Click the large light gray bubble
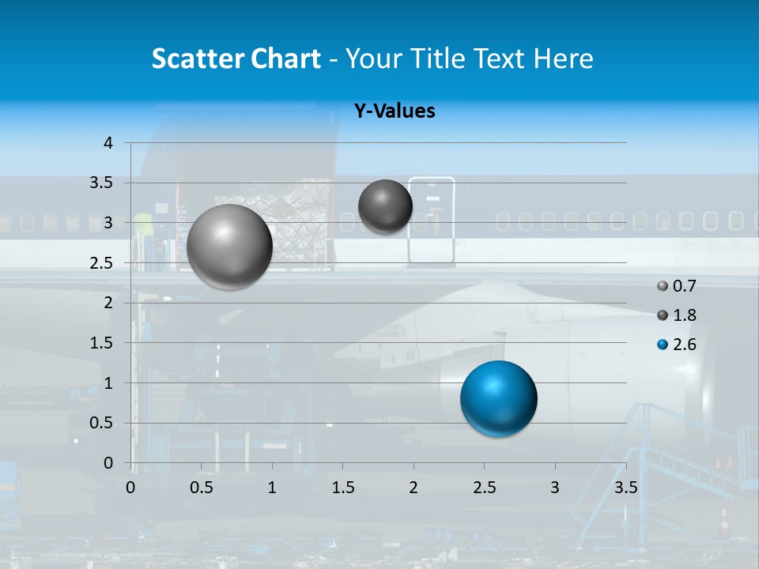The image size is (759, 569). [229, 247]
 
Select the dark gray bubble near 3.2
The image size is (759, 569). [385, 206]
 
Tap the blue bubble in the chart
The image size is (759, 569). [498, 398]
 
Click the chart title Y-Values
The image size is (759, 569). [394, 111]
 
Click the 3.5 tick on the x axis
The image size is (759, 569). [625, 487]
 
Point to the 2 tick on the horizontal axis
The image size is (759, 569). [413, 487]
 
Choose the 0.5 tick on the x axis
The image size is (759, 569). [202, 487]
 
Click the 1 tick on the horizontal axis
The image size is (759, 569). [272, 487]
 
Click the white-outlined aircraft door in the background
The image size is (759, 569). [432, 220]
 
